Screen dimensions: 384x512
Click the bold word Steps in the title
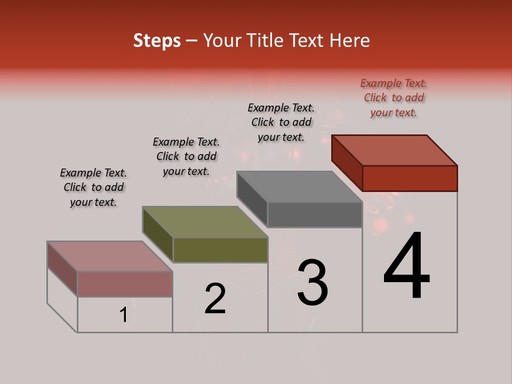tap(157, 41)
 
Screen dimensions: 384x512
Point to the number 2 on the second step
tap(215, 298)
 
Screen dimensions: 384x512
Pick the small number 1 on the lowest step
tap(124, 315)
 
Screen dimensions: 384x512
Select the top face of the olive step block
tap(205, 222)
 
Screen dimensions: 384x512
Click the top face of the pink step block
tap(110, 257)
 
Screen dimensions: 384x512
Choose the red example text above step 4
tap(394, 98)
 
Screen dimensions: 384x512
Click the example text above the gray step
tap(281, 122)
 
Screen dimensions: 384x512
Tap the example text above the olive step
tap(186, 156)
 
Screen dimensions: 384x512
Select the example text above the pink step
tap(93, 187)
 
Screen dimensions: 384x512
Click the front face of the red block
tap(410, 178)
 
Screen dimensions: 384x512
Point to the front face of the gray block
tap(315, 214)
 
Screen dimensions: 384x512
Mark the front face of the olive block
tap(220, 250)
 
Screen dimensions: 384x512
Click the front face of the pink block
tap(125, 284)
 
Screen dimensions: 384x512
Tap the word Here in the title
tap(350, 41)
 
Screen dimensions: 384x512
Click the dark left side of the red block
tap(347, 162)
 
